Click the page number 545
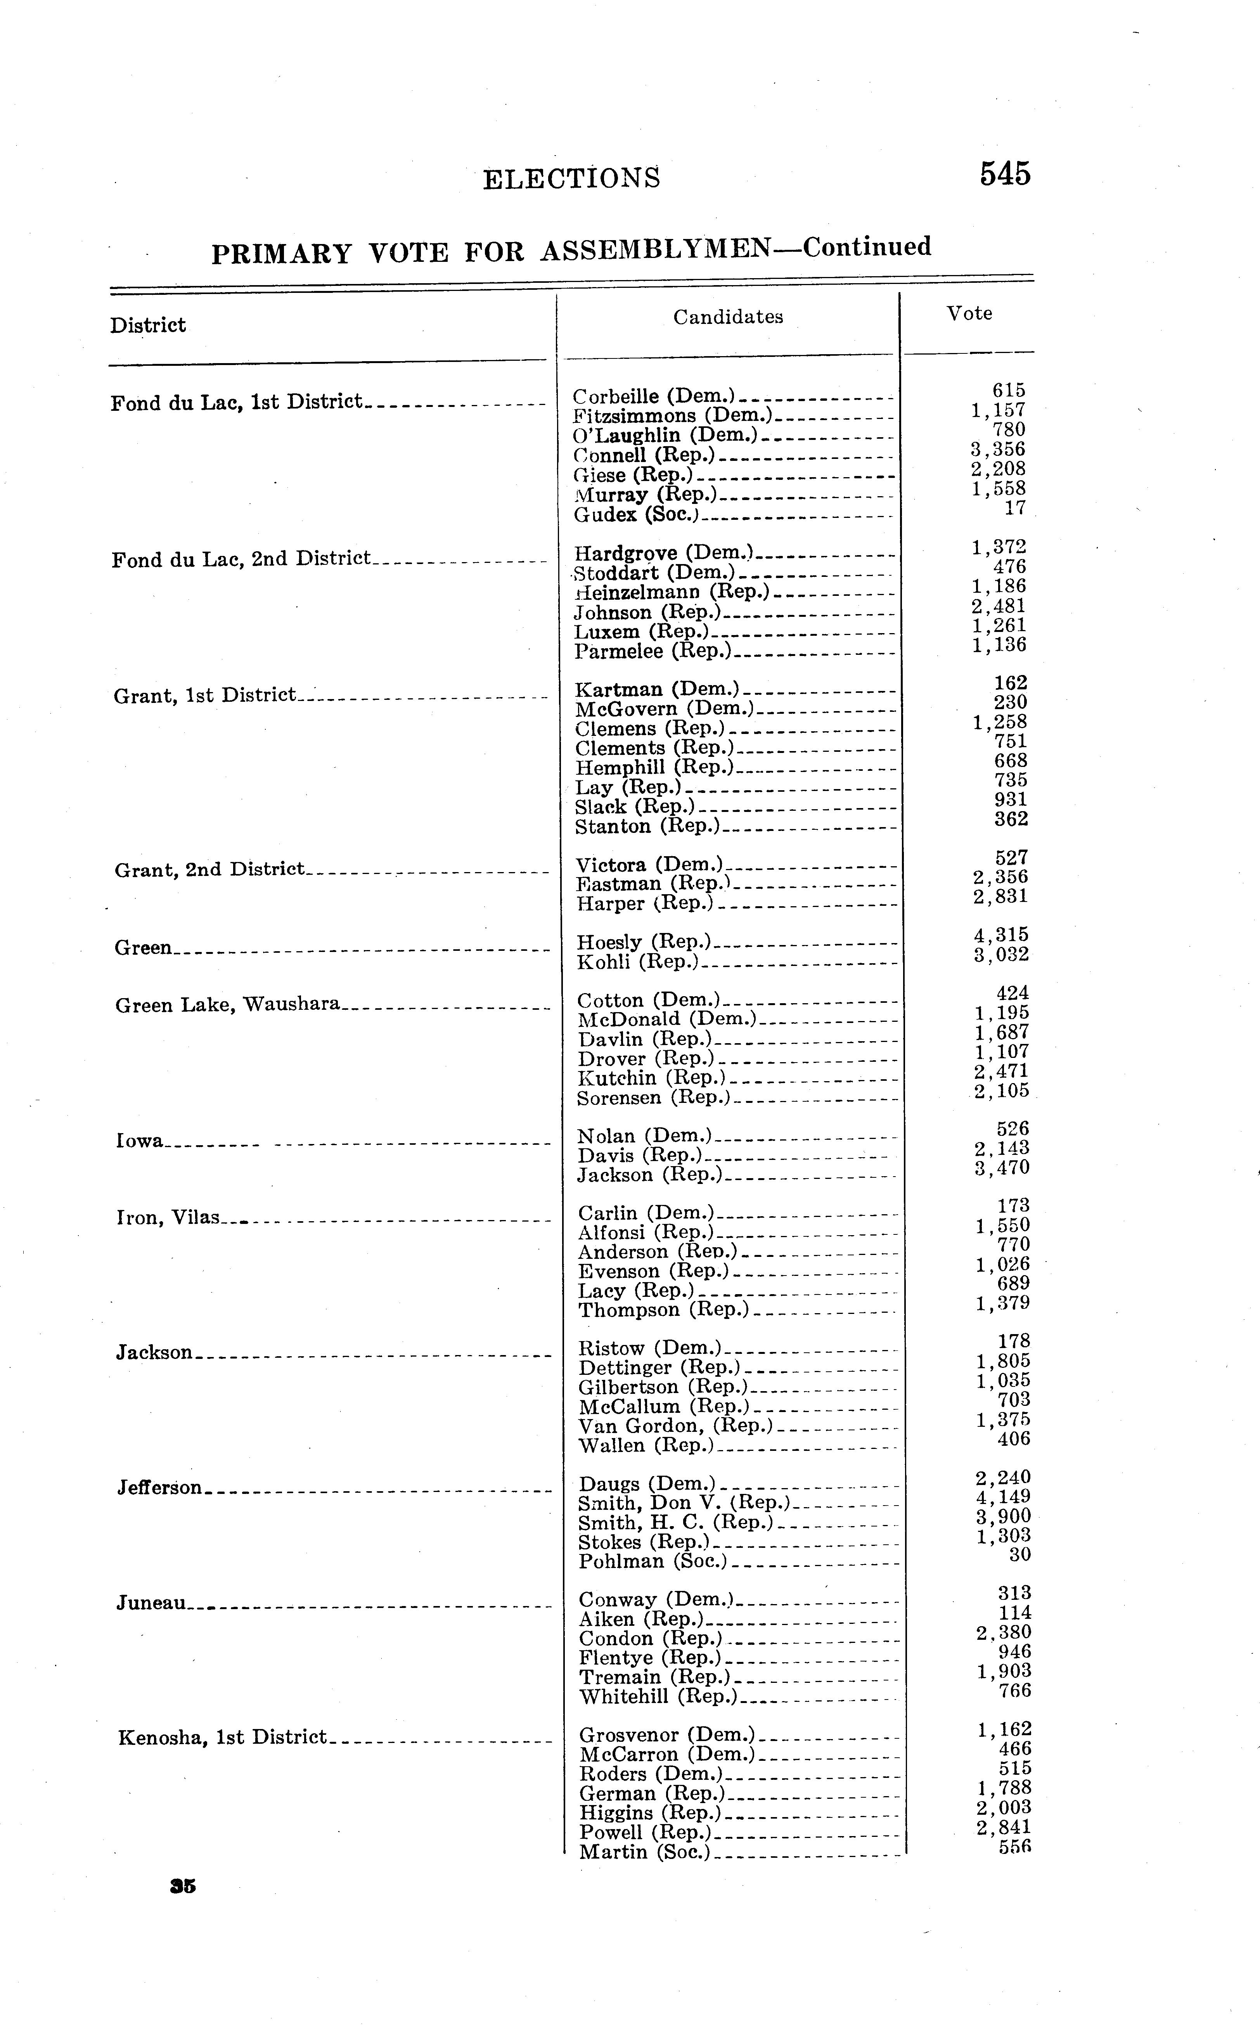pos(1005,174)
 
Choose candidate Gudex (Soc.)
pos(635,515)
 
